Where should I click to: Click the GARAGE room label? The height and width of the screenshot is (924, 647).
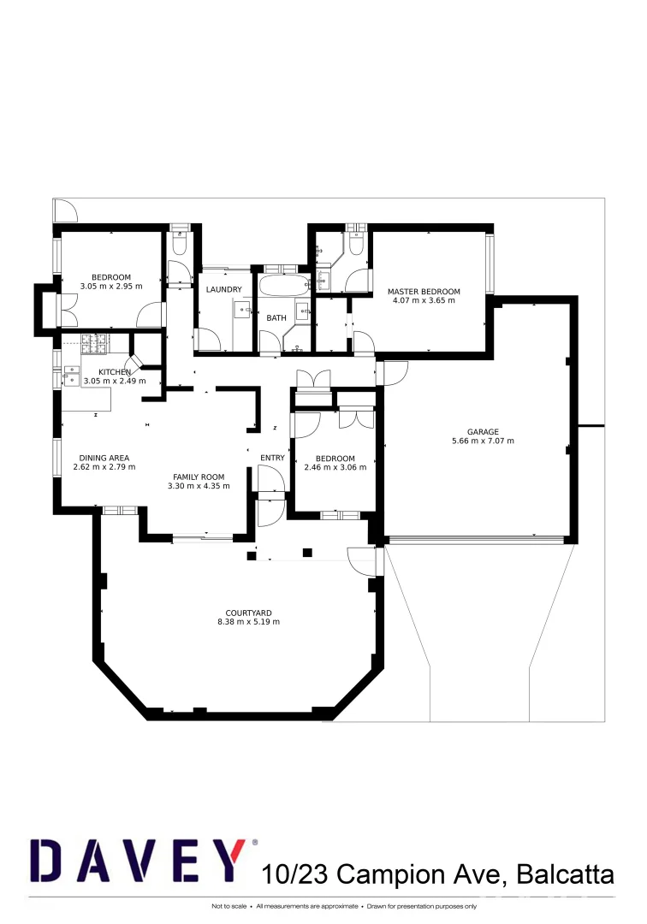(483, 432)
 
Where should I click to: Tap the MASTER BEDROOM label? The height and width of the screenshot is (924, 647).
(424, 292)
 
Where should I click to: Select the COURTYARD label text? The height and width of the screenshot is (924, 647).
(249, 613)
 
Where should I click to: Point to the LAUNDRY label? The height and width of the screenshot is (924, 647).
(224, 290)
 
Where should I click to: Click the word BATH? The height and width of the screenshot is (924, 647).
(276, 318)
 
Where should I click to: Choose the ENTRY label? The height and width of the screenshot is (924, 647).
(272, 458)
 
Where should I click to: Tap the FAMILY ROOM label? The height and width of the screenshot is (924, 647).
(199, 477)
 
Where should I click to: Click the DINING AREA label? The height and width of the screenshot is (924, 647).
(104, 458)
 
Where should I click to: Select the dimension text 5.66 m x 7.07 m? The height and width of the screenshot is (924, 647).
(483, 441)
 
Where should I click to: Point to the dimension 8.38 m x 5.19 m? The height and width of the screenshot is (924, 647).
(249, 622)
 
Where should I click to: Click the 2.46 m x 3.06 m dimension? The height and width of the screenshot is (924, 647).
(335, 467)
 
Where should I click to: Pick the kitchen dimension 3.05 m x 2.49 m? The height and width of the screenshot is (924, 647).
(116, 381)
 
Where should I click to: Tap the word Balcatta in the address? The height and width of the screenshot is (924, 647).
(565, 874)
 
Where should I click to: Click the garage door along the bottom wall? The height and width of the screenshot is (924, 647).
(475, 539)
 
